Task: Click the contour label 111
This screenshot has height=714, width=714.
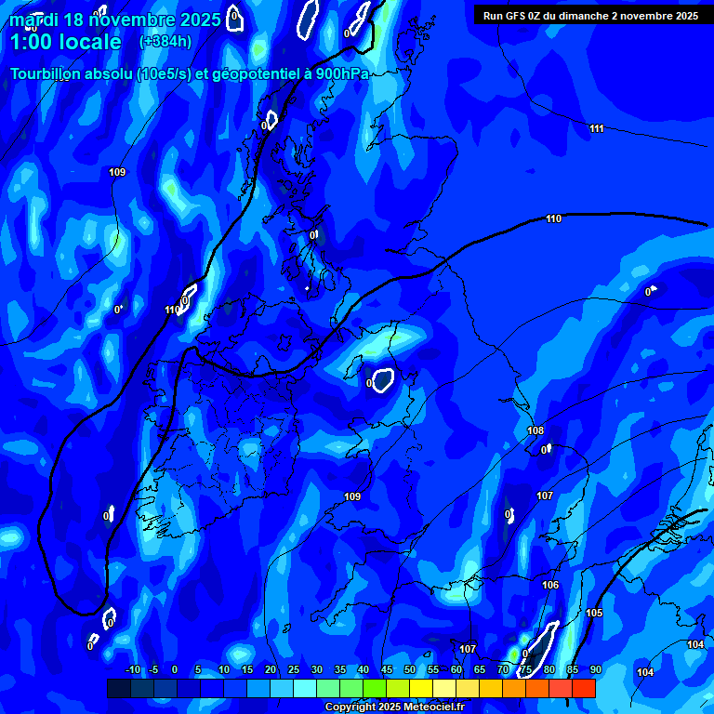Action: pos(597,128)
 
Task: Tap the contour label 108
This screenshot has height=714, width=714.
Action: pos(535,430)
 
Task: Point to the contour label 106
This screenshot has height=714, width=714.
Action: pos(550,585)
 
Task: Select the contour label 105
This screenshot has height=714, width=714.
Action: pos(595,613)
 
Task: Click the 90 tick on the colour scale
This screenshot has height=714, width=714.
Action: pos(596,670)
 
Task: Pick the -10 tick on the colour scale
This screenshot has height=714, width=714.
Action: pos(133,670)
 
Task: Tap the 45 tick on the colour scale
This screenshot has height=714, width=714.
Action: pos(387,670)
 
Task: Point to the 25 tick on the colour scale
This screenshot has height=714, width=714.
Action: pos(294,670)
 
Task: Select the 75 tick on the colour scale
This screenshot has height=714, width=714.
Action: pos(526,670)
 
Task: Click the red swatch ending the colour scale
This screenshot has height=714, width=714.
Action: pos(584,688)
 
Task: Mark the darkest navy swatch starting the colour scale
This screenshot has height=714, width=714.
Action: pos(119,688)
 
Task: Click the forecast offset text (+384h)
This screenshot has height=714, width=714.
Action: pos(165,42)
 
